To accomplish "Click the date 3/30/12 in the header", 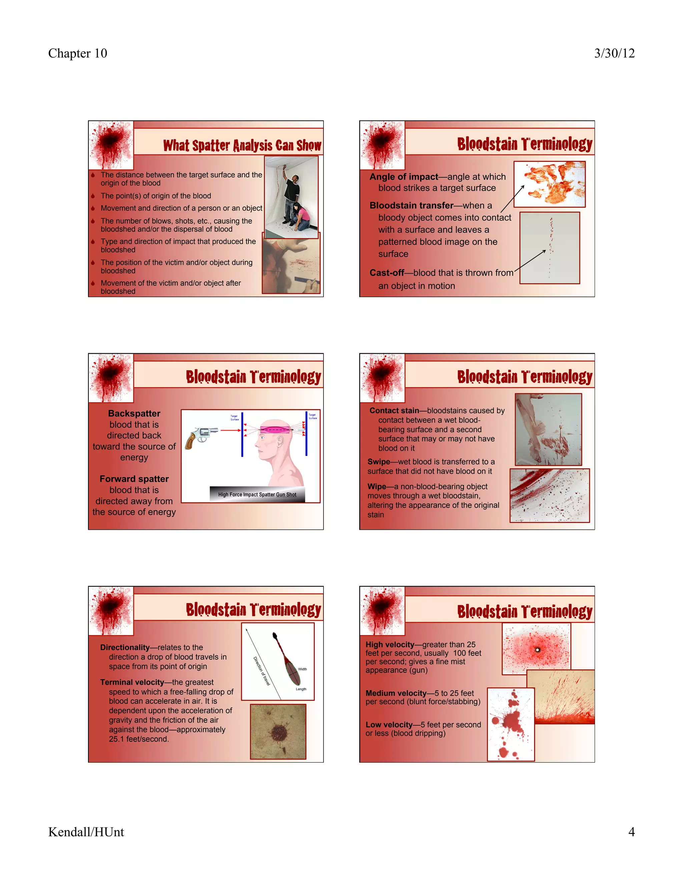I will pyautogui.click(x=614, y=53).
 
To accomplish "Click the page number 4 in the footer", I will pyautogui.click(x=631, y=832).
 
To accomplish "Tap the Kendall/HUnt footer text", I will pyautogui.click(x=86, y=832).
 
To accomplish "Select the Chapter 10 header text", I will pyautogui.click(x=78, y=53).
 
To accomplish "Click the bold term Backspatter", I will pyautogui.click(x=134, y=413).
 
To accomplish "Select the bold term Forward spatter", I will pyautogui.click(x=134, y=479).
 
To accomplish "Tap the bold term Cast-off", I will pyautogui.click(x=387, y=273).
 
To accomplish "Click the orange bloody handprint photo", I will pyautogui.click(x=550, y=184).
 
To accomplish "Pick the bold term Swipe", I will pyautogui.click(x=378, y=461).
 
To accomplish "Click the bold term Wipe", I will pyautogui.click(x=376, y=486).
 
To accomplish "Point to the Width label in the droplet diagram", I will pyautogui.click(x=302, y=669).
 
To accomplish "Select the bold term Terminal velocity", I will pyautogui.click(x=132, y=682).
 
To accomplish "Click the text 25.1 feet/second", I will pyautogui.click(x=139, y=739).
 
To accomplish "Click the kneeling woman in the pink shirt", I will pyautogui.click(x=302, y=218).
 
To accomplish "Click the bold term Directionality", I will pyautogui.click(x=125, y=647).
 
